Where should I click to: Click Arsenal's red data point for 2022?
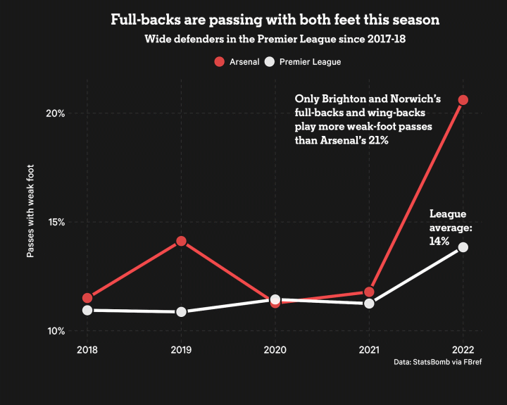pos(463,100)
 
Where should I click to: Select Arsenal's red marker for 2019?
pos(181,241)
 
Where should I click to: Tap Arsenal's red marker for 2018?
pos(87,298)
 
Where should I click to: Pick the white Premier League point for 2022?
pos(463,247)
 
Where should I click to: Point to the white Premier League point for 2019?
pos(181,311)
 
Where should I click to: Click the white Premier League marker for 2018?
pos(87,310)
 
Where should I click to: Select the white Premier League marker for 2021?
pos(369,304)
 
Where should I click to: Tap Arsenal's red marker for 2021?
pos(369,292)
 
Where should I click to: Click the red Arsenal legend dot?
pos(219,62)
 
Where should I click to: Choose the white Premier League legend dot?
pos(269,62)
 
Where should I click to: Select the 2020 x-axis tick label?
pos(275,349)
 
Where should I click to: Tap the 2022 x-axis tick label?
pos(463,349)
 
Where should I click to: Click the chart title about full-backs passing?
pos(275,20)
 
